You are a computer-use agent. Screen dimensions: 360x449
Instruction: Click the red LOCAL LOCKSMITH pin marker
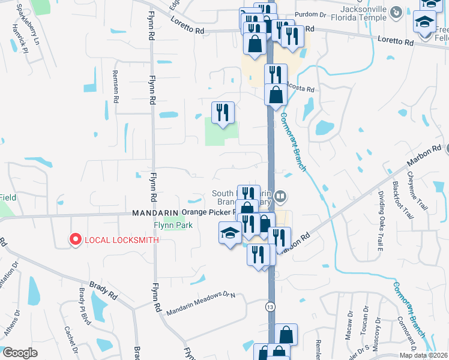click(75, 239)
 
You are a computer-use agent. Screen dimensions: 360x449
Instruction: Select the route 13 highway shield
click(271, 307)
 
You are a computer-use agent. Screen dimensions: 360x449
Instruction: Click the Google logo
click(20, 353)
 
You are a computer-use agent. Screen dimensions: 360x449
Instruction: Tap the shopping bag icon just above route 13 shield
click(288, 335)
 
